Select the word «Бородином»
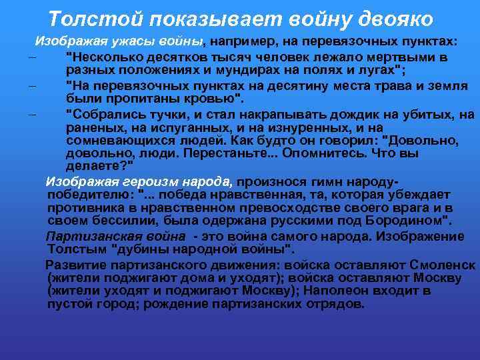[x=410, y=219]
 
